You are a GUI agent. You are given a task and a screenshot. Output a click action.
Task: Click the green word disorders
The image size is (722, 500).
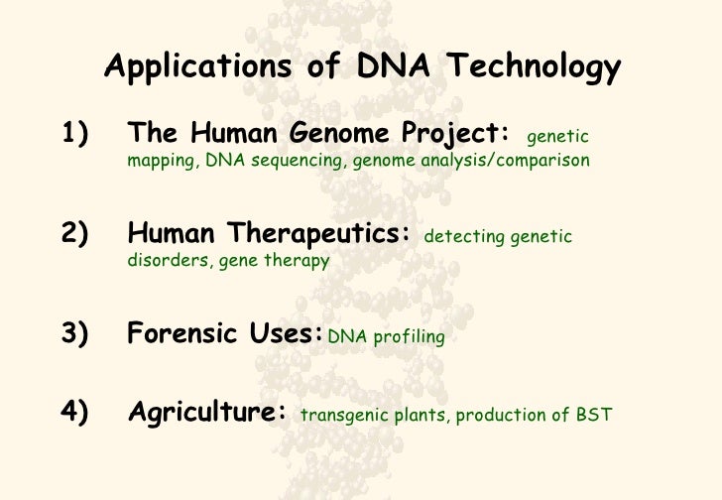click(x=162, y=261)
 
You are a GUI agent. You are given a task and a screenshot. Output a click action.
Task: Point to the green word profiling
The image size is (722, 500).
click(x=410, y=337)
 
